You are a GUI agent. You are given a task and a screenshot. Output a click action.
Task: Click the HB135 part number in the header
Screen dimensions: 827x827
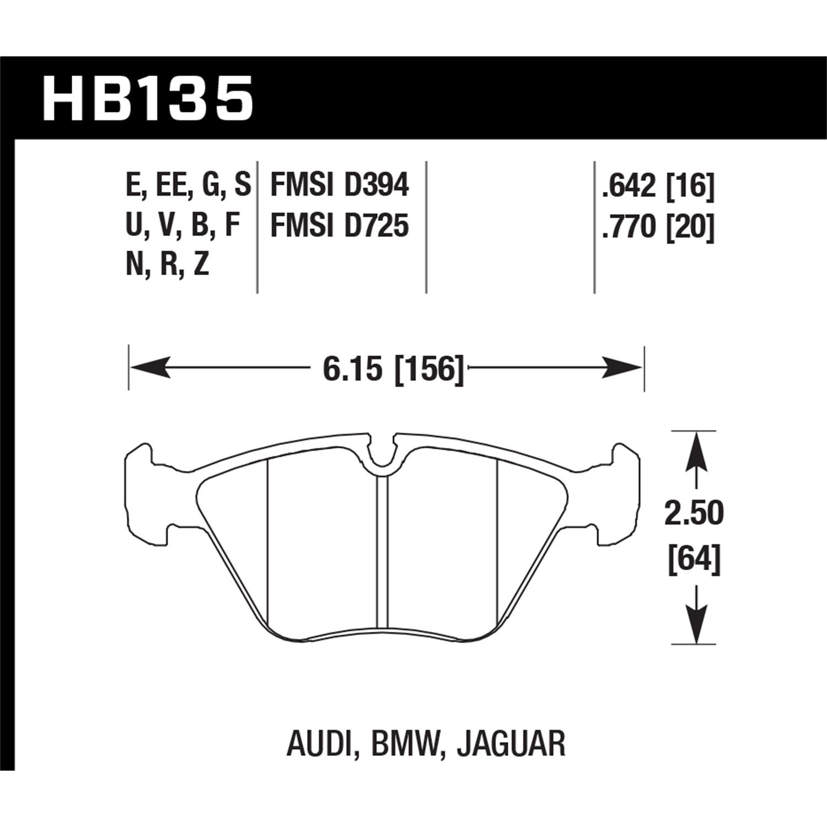click(x=148, y=99)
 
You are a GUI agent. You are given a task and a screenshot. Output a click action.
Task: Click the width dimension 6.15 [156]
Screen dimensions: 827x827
click(x=393, y=368)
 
